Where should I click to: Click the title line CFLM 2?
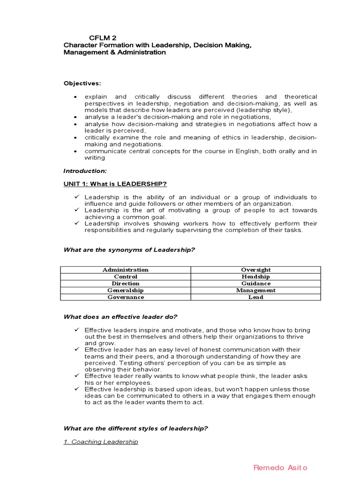103,37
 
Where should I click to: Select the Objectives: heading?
82,83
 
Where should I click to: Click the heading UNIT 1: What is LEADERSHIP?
115,183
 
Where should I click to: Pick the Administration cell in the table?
125,270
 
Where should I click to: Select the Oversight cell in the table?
255,270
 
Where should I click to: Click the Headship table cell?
255,277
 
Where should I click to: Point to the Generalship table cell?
125,290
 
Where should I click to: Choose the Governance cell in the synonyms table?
125,297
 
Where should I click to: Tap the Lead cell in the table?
255,297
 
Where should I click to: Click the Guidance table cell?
255,283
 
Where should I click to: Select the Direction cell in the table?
125,283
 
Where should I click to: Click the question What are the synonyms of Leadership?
129,250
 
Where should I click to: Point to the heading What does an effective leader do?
120,317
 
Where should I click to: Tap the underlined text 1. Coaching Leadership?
101,442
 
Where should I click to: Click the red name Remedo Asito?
280,467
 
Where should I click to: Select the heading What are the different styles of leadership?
135,428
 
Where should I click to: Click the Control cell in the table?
125,277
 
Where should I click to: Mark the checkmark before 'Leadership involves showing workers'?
76,224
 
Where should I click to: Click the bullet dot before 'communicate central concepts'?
75,151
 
